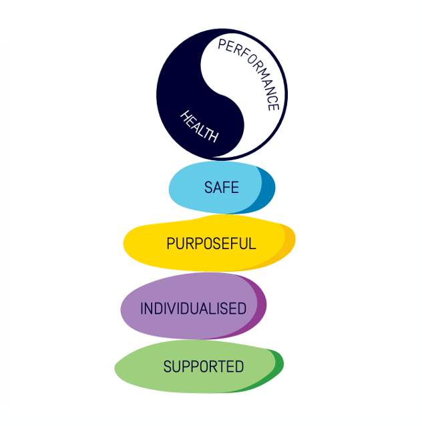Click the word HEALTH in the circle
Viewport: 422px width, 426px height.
200,127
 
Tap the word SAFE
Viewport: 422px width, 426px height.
222,187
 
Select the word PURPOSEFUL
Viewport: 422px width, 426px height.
211,243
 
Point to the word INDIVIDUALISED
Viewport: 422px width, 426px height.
193,308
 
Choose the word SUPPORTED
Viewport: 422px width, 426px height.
204,366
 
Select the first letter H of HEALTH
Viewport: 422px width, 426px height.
186,116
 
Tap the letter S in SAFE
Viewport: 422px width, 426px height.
208,187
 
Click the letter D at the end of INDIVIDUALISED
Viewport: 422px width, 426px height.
242,308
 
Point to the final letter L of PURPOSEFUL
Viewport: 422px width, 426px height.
252,243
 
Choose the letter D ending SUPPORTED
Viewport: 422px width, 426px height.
240,366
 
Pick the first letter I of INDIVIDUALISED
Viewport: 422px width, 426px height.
141,308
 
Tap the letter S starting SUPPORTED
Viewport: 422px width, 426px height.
168,366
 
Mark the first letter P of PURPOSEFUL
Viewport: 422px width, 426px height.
170,243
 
